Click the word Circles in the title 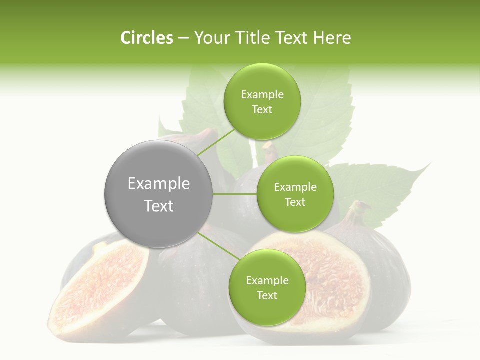click(146, 38)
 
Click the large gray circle click(159, 194)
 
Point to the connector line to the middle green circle click(235, 194)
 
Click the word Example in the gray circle click(159, 184)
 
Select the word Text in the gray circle click(159, 206)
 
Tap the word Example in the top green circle click(262, 95)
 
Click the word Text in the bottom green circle click(267, 295)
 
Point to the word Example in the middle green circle click(295, 187)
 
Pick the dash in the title click(183, 38)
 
